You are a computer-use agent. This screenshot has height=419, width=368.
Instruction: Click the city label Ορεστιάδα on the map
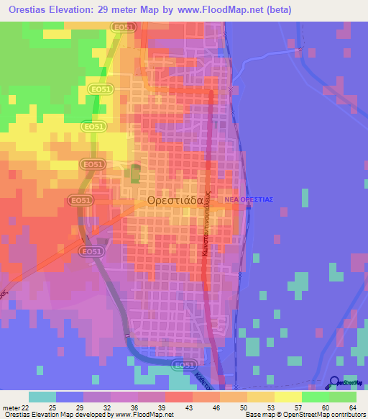point(178,202)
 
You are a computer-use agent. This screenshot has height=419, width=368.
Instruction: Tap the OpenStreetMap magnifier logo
point(334,382)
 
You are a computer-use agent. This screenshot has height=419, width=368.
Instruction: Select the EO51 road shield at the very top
point(123,27)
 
